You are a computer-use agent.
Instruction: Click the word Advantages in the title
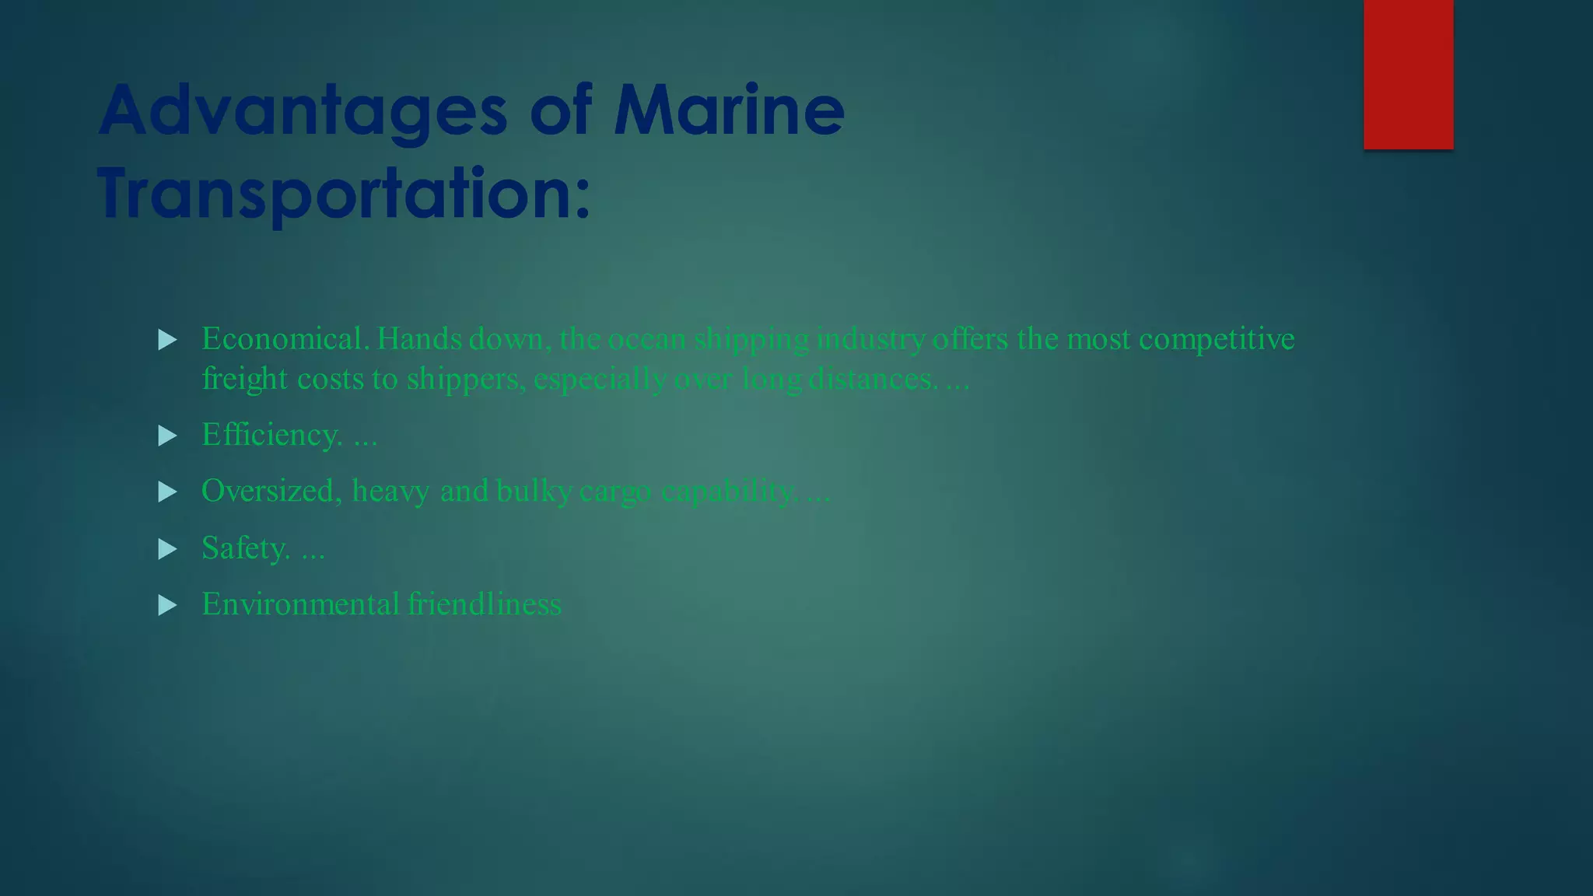[x=303, y=110]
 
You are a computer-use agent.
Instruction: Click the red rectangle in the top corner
[x=1408, y=74]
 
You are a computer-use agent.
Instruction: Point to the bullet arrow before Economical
[x=167, y=340]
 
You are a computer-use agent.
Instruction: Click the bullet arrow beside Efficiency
[x=167, y=436]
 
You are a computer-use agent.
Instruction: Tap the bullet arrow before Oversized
[x=167, y=492]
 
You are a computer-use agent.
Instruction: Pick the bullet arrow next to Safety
[x=167, y=549]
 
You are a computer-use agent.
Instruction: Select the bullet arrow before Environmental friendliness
[x=167, y=605]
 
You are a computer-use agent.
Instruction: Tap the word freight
[x=244, y=380]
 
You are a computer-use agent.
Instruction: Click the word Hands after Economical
[x=419, y=339]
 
